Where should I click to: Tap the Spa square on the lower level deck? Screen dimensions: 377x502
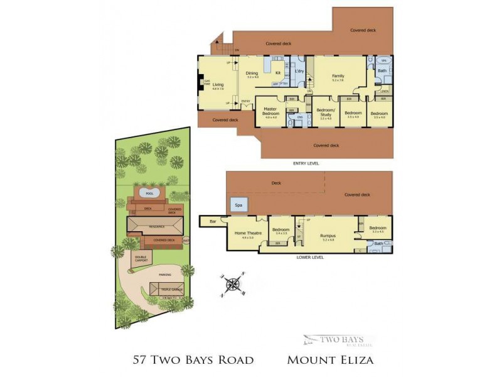[238, 205]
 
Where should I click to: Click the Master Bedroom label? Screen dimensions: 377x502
[270, 111]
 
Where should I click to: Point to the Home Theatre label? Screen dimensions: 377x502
[245, 234]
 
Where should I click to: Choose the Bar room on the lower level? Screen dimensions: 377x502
[213, 221]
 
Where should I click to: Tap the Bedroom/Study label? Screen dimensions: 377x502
[326, 111]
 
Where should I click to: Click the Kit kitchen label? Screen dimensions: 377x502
[278, 72]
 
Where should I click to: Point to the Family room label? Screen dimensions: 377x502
[338, 76]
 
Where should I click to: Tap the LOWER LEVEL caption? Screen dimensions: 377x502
[310, 257]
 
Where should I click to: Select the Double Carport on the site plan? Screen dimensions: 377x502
[141, 258]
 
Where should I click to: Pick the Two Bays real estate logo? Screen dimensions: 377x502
[338, 340]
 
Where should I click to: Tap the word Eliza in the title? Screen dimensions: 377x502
[352, 360]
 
